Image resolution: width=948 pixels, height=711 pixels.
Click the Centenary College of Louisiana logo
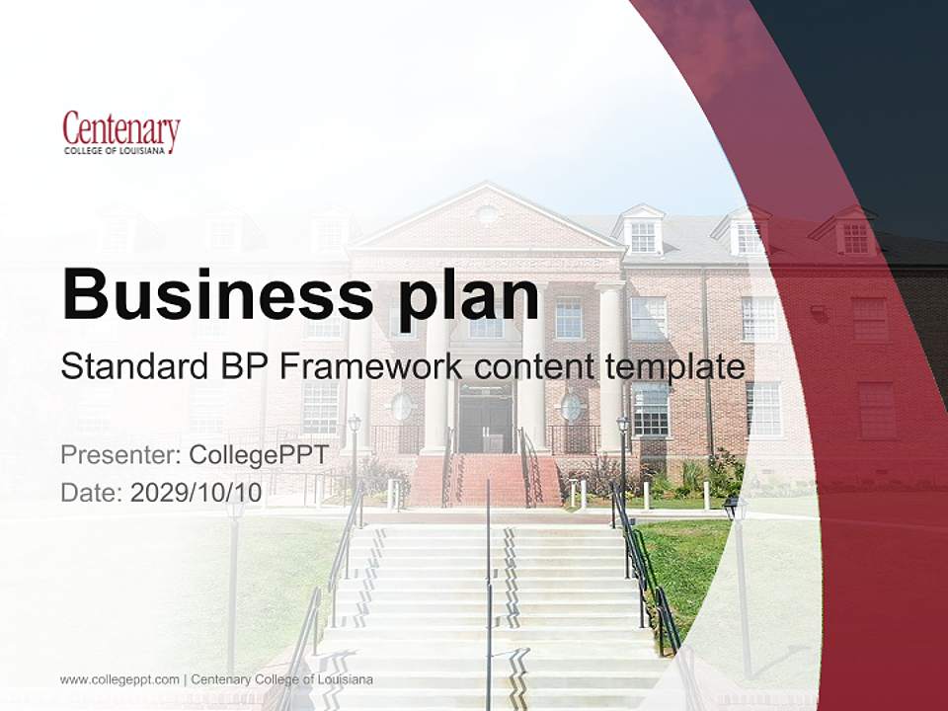[x=120, y=134]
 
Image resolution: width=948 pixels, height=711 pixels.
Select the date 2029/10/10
[x=197, y=493]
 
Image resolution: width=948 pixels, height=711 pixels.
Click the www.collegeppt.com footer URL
[x=119, y=679]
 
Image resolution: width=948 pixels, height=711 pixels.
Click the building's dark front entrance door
[x=485, y=419]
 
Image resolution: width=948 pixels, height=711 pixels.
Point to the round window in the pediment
[x=487, y=214]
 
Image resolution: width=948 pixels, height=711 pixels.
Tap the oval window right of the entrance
[x=572, y=407]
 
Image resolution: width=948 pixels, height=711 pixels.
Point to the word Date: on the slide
[x=92, y=493]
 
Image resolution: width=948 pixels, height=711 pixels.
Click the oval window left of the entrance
[x=401, y=407]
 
